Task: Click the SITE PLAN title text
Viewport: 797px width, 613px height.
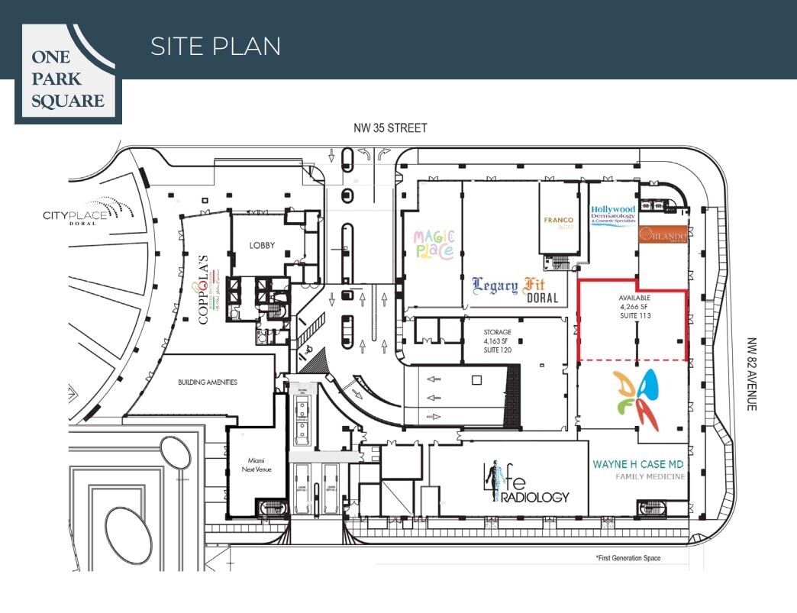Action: pyautogui.click(x=215, y=46)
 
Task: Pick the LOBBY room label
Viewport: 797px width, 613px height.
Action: pyautogui.click(x=262, y=246)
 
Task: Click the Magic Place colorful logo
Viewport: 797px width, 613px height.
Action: pyautogui.click(x=434, y=244)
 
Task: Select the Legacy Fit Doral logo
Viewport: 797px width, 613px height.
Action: pyautogui.click(x=515, y=289)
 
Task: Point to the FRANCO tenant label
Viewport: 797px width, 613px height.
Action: pyautogui.click(x=558, y=221)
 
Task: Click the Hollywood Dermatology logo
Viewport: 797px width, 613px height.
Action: pyautogui.click(x=613, y=215)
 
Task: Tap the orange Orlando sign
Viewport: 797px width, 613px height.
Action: pyautogui.click(x=663, y=236)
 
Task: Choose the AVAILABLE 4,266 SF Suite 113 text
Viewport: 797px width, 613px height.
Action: pyautogui.click(x=634, y=306)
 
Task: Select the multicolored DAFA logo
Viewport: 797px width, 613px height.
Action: pyautogui.click(x=637, y=400)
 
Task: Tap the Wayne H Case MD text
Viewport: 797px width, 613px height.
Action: pyautogui.click(x=637, y=464)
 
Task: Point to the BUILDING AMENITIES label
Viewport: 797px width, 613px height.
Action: pyautogui.click(x=208, y=382)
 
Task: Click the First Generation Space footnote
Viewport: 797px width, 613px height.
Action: pyautogui.click(x=628, y=558)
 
